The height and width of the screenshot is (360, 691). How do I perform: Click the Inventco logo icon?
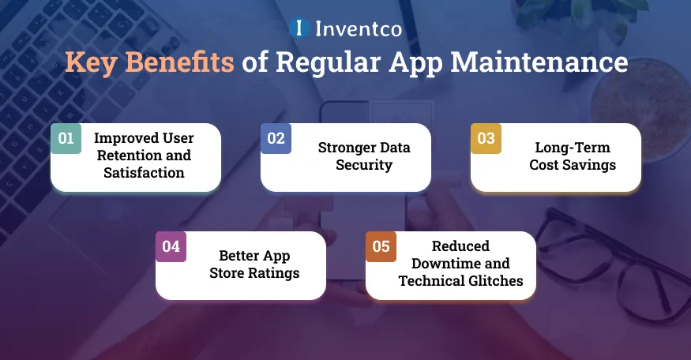[299, 28]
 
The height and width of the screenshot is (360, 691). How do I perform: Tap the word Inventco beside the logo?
[358, 29]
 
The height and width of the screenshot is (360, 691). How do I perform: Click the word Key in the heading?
[88, 62]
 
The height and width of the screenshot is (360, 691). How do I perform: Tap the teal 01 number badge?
[66, 138]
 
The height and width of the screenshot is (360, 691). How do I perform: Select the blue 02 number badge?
[276, 138]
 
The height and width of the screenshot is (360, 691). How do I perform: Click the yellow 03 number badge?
[486, 138]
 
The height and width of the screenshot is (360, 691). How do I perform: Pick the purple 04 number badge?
[171, 246]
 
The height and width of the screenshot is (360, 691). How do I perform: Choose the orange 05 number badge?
[381, 246]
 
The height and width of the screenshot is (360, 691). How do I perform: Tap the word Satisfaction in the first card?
[144, 172]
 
